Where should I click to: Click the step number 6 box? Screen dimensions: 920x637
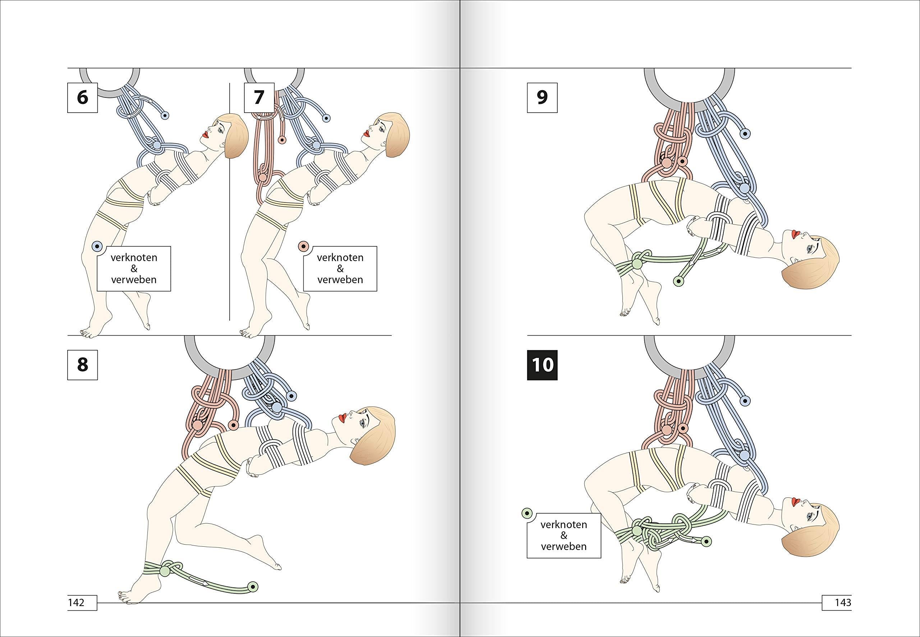click(82, 97)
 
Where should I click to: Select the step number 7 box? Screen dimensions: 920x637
click(259, 97)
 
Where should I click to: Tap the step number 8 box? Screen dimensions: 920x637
click(82, 365)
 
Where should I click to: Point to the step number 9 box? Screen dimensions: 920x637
click(542, 97)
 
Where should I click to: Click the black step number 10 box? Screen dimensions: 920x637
click(542, 365)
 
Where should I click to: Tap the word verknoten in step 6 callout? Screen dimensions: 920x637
click(134, 258)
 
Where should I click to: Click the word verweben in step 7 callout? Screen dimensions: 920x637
click(340, 279)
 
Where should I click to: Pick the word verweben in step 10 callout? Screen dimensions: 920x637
click(564, 546)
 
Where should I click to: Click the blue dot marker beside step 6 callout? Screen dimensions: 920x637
click(97, 247)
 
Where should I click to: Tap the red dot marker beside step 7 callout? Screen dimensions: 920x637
click(303, 247)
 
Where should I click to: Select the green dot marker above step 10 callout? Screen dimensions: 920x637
click(527, 513)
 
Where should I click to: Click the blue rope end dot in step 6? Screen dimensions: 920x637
click(165, 116)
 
